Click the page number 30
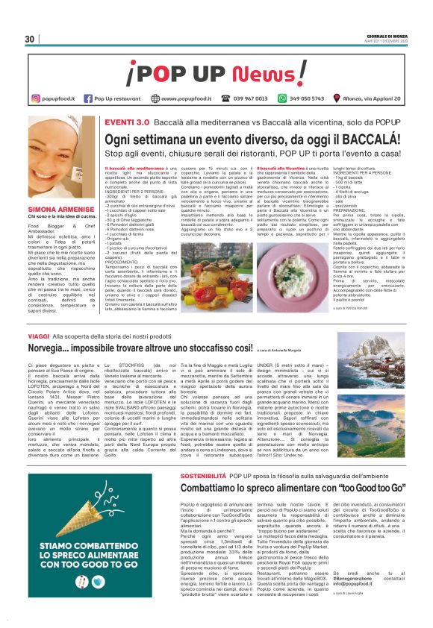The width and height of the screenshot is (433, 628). point(30,39)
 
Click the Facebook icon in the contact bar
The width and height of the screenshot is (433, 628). point(89,98)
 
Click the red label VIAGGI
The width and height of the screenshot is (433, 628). point(38,337)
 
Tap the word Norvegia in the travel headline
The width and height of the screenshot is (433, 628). point(54,349)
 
